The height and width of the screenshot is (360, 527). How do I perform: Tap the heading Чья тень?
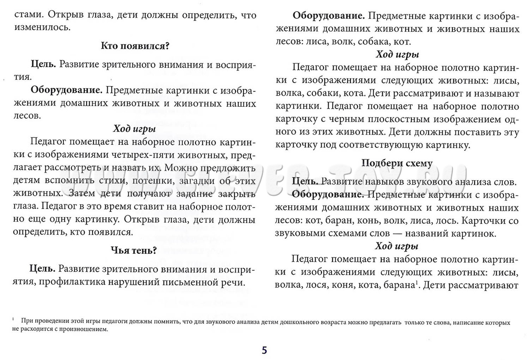click(134, 250)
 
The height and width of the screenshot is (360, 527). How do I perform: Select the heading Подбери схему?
click(397, 163)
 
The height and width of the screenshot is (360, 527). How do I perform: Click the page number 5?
click(264, 351)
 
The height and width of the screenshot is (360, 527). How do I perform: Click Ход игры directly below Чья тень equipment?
click(397, 54)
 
